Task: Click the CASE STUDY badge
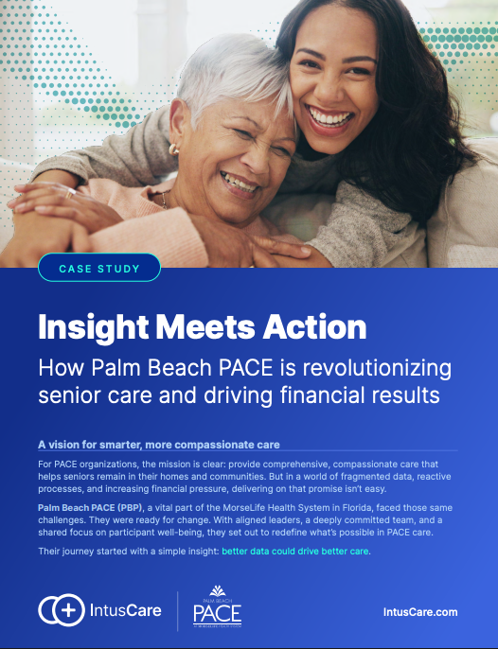point(99,269)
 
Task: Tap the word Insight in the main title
point(94,328)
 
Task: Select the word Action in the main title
point(314,326)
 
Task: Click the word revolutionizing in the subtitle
point(377,367)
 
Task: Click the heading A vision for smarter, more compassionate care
point(159,445)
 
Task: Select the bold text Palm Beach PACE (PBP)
point(90,508)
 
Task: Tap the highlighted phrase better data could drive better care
point(295,552)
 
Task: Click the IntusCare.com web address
point(420,612)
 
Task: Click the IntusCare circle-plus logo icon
point(62,610)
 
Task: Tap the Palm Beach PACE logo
point(217,605)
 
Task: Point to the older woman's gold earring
point(174,149)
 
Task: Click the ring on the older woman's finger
point(70,193)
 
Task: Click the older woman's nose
point(259,161)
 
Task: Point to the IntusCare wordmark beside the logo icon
point(126,610)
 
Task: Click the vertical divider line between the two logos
point(178,611)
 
